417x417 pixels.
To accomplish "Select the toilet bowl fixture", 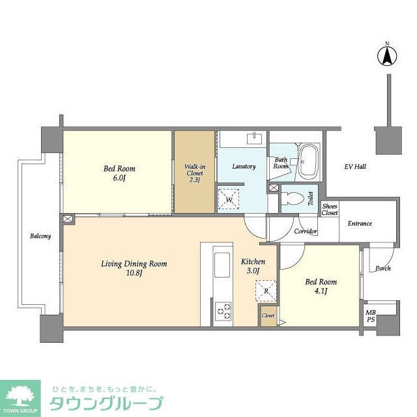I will [295, 199].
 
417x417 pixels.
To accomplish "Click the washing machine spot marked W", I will [229, 198].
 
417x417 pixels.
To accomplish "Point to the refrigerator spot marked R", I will [266, 291].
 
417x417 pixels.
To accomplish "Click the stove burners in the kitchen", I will [223, 310].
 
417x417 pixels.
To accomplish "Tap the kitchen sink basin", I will [222, 264].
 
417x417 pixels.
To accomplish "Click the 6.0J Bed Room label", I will [119, 173].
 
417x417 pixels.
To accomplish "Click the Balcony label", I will [40, 236].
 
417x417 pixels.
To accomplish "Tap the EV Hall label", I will [355, 167].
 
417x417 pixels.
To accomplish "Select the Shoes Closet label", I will [330, 209].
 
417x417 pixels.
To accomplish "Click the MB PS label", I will [370, 315].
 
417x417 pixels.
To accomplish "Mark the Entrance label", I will [359, 223].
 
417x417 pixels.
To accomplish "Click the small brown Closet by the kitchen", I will [268, 315].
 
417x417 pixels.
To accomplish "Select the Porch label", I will [382, 268].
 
